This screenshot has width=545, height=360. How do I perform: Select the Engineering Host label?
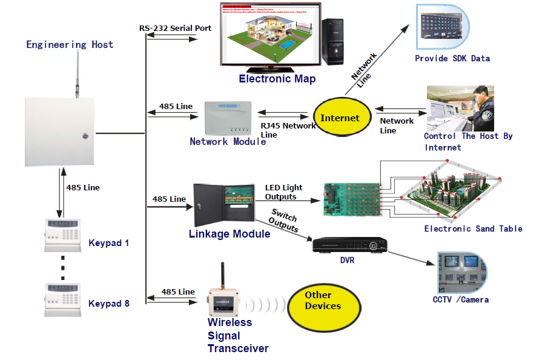point(70,45)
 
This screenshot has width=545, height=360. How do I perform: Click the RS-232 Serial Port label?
point(175,28)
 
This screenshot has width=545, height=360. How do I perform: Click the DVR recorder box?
point(349,245)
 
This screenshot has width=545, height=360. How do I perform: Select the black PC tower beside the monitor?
point(333,42)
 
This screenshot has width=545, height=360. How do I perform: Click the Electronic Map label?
point(277,79)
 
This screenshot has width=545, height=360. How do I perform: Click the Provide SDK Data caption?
point(452,59)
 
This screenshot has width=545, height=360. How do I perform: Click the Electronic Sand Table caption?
point(473,228)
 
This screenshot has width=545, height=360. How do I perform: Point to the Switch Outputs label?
point(284,221)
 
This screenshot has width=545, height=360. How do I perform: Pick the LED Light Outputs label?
point(283,192)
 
